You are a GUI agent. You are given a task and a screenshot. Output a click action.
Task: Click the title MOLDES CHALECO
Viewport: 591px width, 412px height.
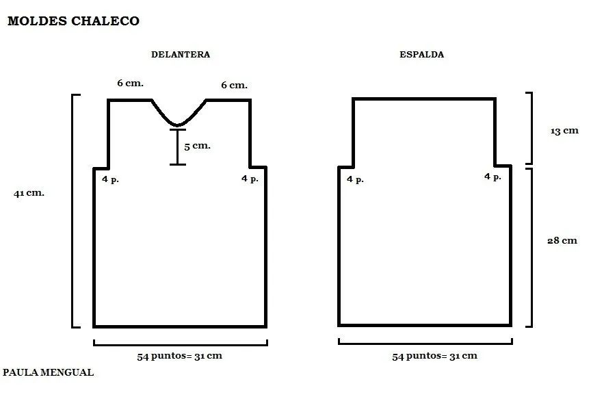tap(73, 21)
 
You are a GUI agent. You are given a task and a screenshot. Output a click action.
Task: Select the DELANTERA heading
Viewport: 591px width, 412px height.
tap(181, 54)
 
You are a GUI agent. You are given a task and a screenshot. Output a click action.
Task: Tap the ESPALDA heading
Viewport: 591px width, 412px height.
tap(422, 54)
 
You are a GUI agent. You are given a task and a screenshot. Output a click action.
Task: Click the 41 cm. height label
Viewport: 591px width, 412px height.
tap(29, 193)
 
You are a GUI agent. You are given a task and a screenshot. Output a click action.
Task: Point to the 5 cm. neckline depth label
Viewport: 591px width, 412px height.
tap(197, 146)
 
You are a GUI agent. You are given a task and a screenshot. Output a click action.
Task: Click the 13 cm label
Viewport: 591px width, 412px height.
tap(564, 131)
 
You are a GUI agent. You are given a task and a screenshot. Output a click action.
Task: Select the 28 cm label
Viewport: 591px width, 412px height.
tap(562, 240)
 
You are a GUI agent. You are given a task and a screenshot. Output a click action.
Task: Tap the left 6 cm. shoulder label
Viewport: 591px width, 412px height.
tap(131, 83)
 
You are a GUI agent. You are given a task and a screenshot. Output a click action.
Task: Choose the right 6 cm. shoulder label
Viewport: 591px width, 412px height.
tap(234, 85)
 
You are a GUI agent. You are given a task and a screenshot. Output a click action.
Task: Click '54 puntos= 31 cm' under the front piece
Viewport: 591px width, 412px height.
tap(179, 356)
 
